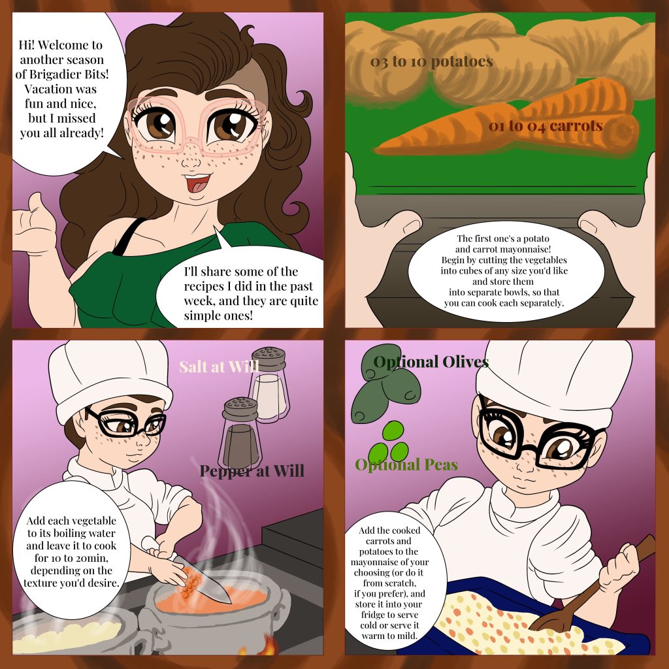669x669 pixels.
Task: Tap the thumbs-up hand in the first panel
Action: [33, 226]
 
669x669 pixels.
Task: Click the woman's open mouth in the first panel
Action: [197, 182]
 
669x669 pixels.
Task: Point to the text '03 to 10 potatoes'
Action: [431, 62]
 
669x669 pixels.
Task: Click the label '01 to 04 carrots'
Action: [546, 126]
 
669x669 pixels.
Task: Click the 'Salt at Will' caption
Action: [219, 367]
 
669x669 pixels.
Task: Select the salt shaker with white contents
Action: [269, 384]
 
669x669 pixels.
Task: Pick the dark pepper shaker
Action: [240, 434]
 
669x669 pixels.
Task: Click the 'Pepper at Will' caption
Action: [252, 470]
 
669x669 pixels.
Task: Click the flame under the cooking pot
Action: [267, 645]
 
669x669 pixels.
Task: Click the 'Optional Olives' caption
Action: [431, 362]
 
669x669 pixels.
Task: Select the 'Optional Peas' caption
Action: [406, 465]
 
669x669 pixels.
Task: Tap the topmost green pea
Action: [393, 431]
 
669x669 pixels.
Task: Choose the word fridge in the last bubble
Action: [375, 615]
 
